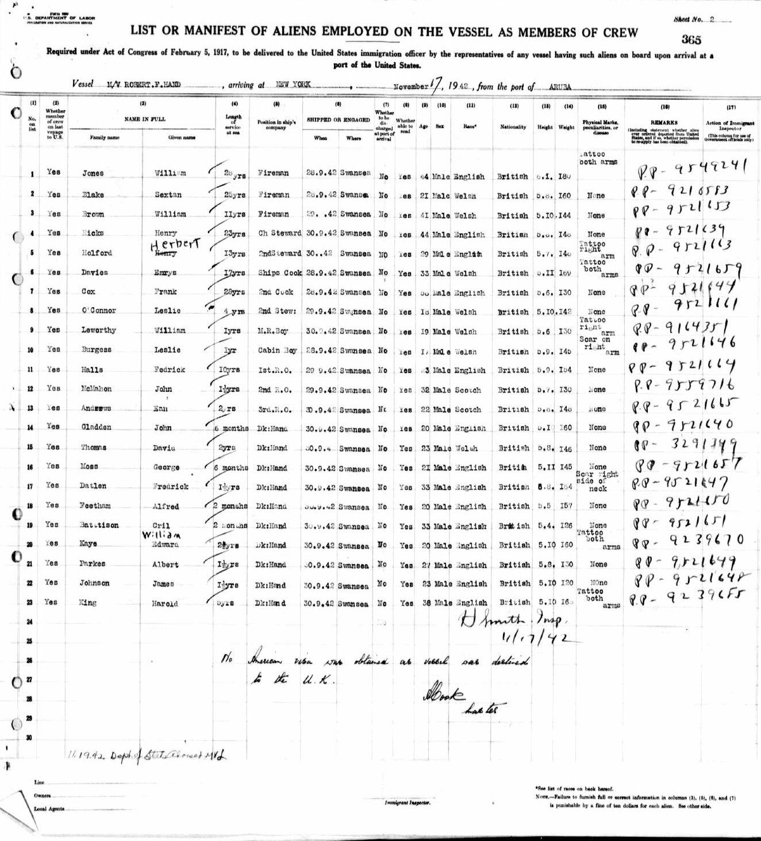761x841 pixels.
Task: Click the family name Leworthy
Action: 98,330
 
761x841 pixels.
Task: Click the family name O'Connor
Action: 98,311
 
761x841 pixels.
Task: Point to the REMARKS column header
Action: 664,123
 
